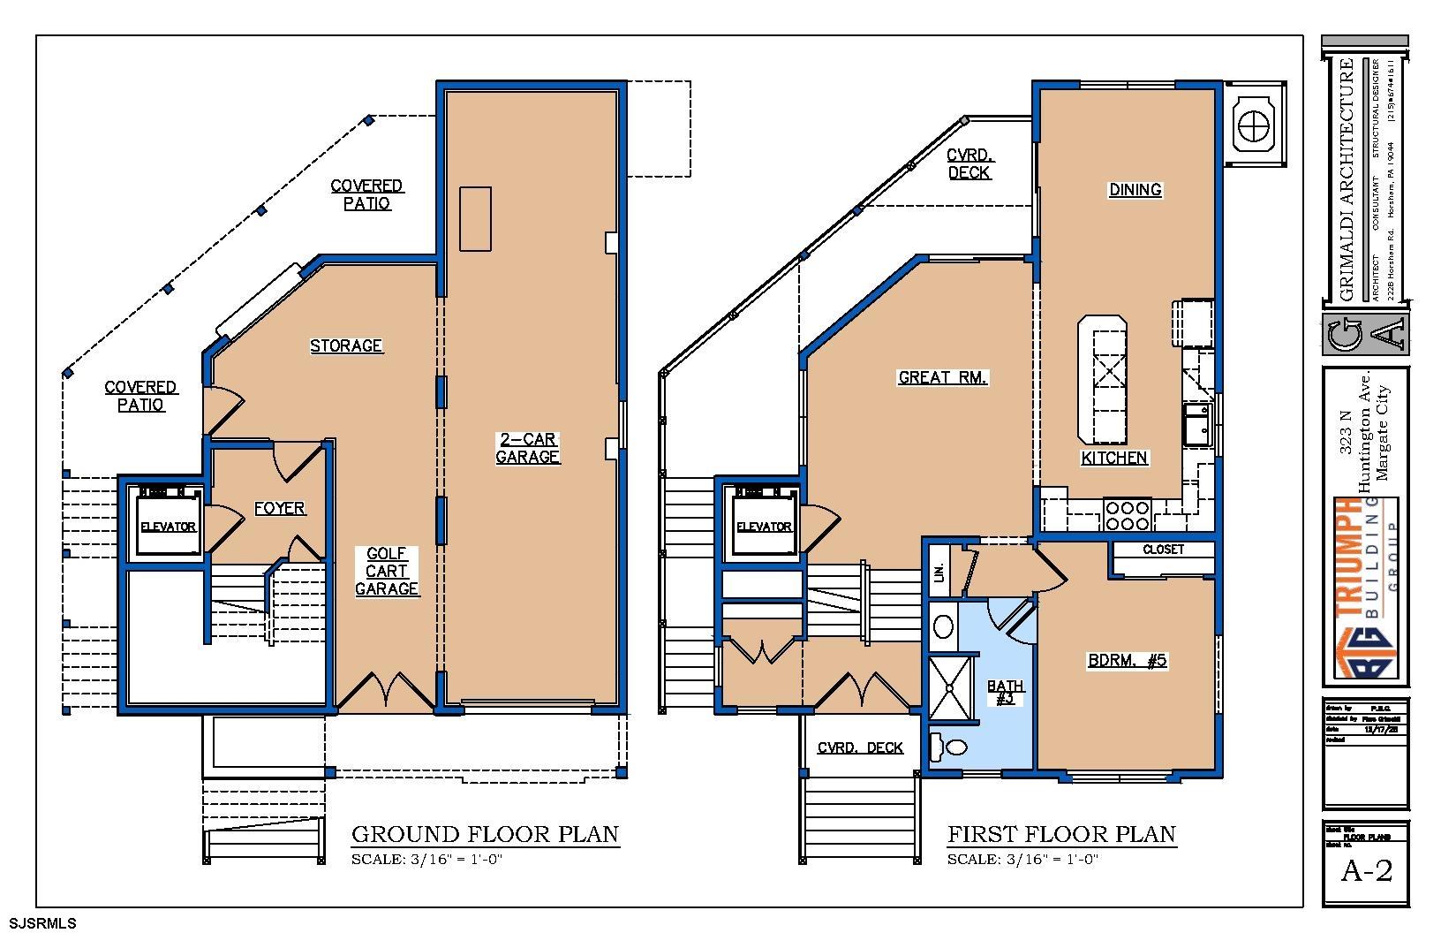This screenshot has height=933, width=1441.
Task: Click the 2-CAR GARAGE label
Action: coord(527,448)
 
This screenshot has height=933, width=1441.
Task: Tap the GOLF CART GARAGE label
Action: coord(387,571)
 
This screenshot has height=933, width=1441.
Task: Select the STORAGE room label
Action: coord(346,345)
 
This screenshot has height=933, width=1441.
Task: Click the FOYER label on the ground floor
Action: coord(280,508)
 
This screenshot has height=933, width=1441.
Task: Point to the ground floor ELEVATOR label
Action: coord(168,527)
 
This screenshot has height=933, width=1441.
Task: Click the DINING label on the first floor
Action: coord(1135,189)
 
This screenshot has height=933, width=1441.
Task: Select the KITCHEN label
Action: coord(1114,458)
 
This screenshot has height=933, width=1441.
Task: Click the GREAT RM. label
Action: coord(943,377)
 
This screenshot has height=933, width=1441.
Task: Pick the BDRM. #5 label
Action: coord(1128,660)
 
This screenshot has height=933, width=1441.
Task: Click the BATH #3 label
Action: coord(1005,692)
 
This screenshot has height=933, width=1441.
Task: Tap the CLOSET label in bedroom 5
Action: coord(1163,550)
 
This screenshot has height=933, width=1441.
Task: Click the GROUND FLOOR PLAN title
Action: coord(485,834)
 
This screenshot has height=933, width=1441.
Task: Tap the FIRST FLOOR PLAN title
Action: coord(1061,834)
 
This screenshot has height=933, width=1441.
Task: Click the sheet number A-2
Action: coord(1366,871)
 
